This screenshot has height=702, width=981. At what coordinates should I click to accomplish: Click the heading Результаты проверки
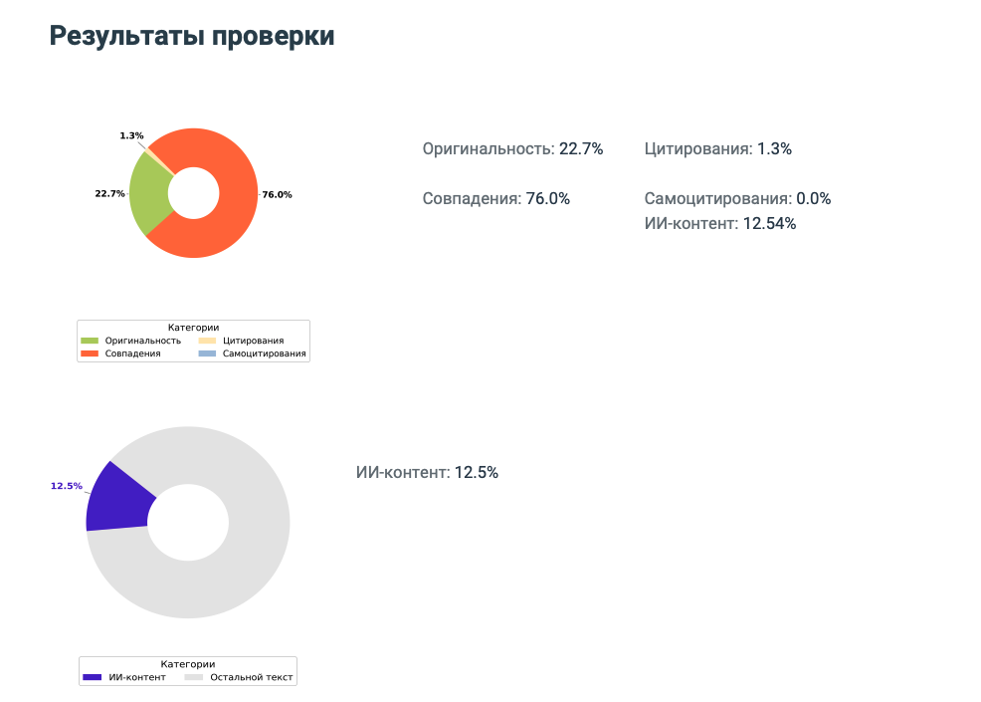(x=192, y=36)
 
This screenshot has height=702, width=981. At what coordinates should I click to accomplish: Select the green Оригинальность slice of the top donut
(x=149, y=194)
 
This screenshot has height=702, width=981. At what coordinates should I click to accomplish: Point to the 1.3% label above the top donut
(x=131, y=135)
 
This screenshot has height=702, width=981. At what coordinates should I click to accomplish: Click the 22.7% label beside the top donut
(x=109, y=193)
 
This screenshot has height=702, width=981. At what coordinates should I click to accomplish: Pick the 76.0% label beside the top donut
(x=277, y=194)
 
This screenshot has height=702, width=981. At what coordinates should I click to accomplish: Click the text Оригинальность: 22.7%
(x=512, y=149)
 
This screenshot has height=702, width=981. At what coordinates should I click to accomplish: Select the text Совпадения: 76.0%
(x=495, y=198)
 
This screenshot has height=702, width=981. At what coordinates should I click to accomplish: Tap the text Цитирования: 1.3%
(x=717, y=149)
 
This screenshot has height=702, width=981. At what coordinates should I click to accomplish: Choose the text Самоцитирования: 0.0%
(x=736, y=198)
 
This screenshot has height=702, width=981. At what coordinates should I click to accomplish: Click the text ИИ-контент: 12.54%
(x=719, y=223)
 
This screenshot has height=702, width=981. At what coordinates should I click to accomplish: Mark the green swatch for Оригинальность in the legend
(x=90, y=341)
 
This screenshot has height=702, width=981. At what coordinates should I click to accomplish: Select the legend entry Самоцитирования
(x=264, y=353)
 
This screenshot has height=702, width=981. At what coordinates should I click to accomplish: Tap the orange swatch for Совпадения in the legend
(x=90, y=353)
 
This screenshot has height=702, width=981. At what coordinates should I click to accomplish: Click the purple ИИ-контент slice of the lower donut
(x=116, y=498)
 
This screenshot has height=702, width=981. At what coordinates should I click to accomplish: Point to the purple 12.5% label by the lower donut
(x=67, y=486)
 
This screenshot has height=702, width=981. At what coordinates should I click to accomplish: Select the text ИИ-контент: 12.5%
(x=427, y=472)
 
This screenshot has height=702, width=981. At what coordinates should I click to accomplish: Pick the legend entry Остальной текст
(x=252, y=677)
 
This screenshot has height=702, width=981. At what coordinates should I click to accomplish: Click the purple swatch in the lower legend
(x=92, y=677)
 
